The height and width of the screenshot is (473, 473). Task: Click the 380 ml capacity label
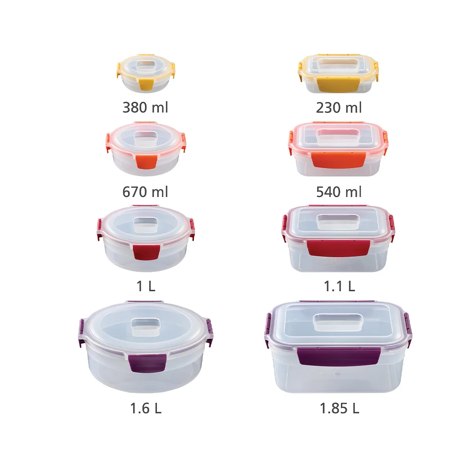[145, 108]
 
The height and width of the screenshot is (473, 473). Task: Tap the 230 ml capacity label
[339, 108]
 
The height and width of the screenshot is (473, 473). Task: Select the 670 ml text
[145, 192]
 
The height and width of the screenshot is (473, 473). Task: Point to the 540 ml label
[339, 192]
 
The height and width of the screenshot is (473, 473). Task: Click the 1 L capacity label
[146, 286]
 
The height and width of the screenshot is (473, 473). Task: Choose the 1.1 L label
[339, 286]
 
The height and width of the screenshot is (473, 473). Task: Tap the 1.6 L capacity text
[146, 408]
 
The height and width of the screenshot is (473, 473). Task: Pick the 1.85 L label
[339, 408]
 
